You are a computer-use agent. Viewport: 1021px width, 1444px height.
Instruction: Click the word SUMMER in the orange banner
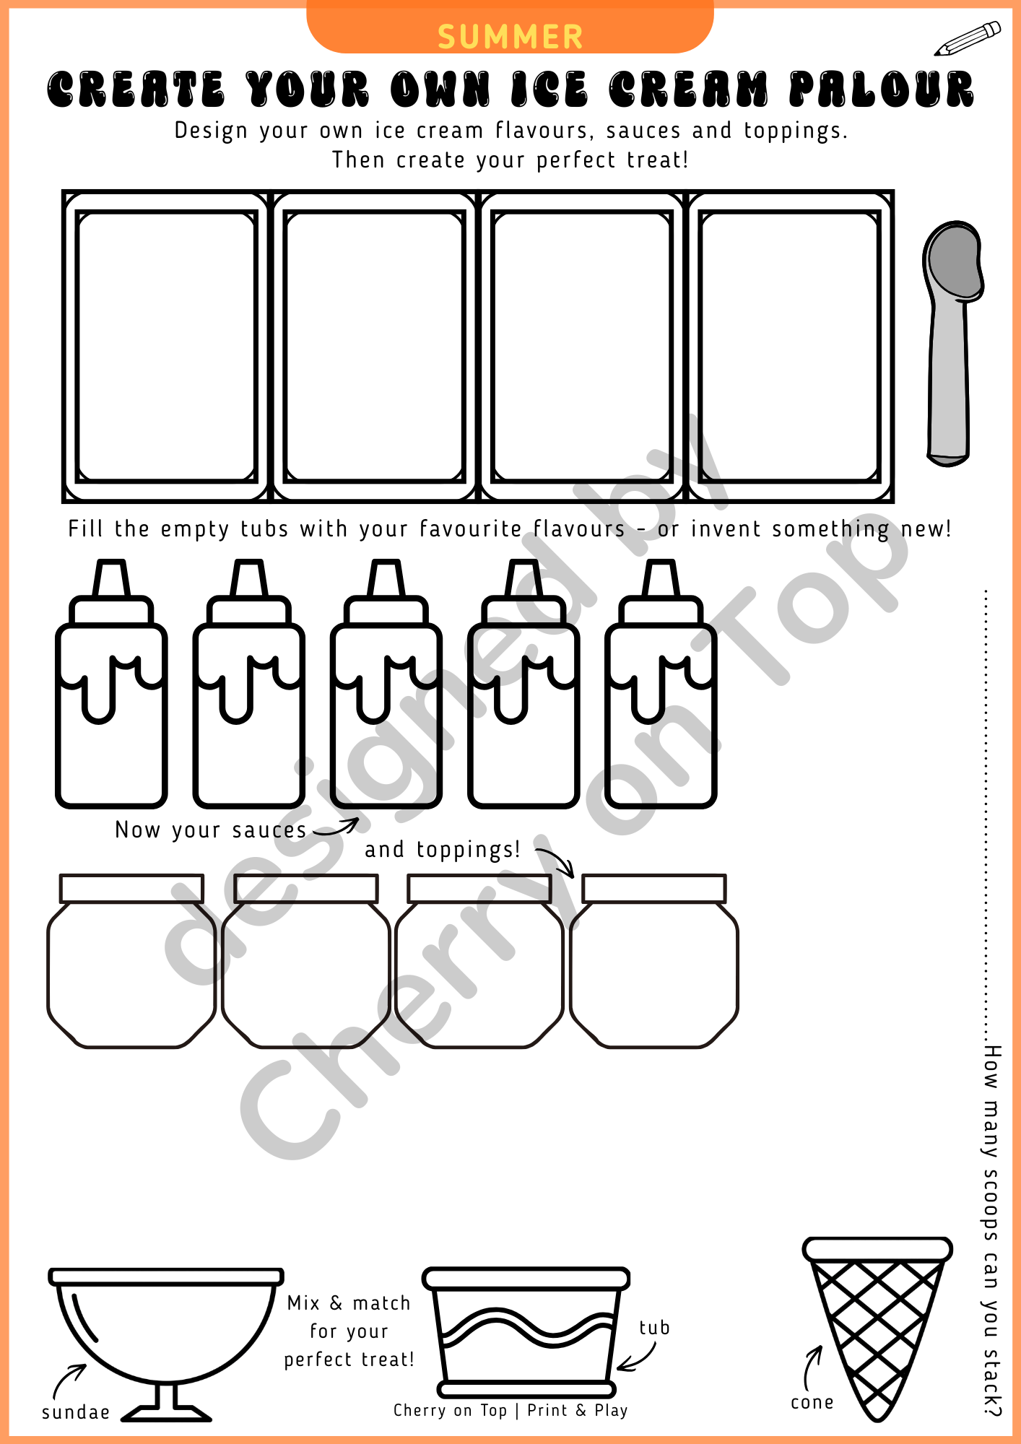(x=510, y=37)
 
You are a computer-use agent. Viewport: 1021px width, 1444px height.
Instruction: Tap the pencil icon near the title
(x=968, y=39)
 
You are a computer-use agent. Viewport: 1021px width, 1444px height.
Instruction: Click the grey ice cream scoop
(x=952, y=344)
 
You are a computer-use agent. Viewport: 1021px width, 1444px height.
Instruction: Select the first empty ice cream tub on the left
(x=166, y=347)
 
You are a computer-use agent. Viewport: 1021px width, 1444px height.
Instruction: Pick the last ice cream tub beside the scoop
(x=790, y=347)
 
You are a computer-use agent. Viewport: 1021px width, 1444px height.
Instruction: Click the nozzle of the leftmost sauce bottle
(x=112, y=578)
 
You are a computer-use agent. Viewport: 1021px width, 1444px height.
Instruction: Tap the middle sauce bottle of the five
(x=386, y=683)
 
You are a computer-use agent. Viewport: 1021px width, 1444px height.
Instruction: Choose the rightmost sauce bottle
(x=661, y=683)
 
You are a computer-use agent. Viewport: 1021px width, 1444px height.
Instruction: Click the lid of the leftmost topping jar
(x=131, y=889)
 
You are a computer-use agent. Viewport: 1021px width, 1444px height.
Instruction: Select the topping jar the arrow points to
(x=654, y=961)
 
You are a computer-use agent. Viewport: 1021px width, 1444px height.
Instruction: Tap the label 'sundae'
(x=76, y=1412)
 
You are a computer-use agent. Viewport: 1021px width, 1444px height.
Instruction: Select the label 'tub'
(x=654, y=1328)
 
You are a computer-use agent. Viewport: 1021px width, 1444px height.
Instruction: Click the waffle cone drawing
(x=877, y=1328)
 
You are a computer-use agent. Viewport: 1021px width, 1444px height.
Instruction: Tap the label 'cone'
(x=812, y=1403)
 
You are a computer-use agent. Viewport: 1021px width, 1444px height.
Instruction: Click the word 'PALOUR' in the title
(x=882, y=89)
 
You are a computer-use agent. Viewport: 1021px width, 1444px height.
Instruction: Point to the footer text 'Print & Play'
(x=578, y=1411)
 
